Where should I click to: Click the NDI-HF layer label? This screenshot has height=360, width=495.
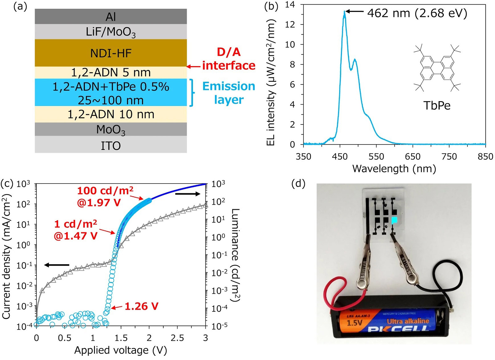tap(111, 53)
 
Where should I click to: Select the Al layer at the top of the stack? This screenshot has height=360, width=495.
tap(111, 17)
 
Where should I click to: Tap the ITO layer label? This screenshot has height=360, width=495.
tap(111, 146)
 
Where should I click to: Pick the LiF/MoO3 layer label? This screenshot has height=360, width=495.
tap(111, 32)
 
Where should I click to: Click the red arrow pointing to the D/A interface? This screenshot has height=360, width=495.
tap(194, 66)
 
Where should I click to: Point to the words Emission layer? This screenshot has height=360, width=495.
tap(229, 93)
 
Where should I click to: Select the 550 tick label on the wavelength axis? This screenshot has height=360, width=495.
tap(376, 157)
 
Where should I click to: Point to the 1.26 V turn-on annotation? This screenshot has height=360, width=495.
tap(141, 306)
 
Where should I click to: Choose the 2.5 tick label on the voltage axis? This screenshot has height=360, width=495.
tap(177, 338)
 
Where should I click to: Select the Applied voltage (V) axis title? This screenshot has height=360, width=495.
tap(121, 350)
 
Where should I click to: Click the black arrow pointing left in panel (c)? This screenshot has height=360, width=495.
tap(57, 265)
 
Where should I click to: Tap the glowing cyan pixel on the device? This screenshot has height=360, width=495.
tap(394, 220)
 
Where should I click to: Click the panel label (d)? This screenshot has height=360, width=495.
tap(298, 183)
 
